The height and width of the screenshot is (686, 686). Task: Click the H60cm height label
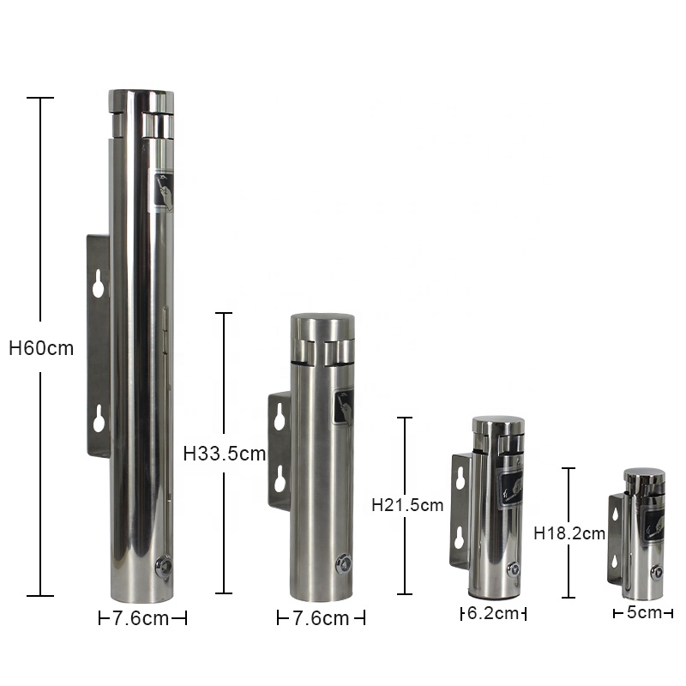[41, 348]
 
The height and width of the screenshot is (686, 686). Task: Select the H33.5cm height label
[225, 454]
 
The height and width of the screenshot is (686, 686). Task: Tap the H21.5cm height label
[407, 505]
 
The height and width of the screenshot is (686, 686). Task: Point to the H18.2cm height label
[569, 533]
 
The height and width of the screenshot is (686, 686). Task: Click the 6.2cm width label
[493, 613]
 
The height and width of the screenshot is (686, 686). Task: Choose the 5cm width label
[644, 612]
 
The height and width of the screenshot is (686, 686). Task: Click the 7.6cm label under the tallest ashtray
[141, 618]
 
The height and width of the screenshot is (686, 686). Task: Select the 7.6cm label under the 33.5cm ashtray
[321, 618]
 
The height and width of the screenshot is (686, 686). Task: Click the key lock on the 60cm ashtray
[165, 566]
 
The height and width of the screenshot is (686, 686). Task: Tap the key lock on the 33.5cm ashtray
[344, 563]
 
